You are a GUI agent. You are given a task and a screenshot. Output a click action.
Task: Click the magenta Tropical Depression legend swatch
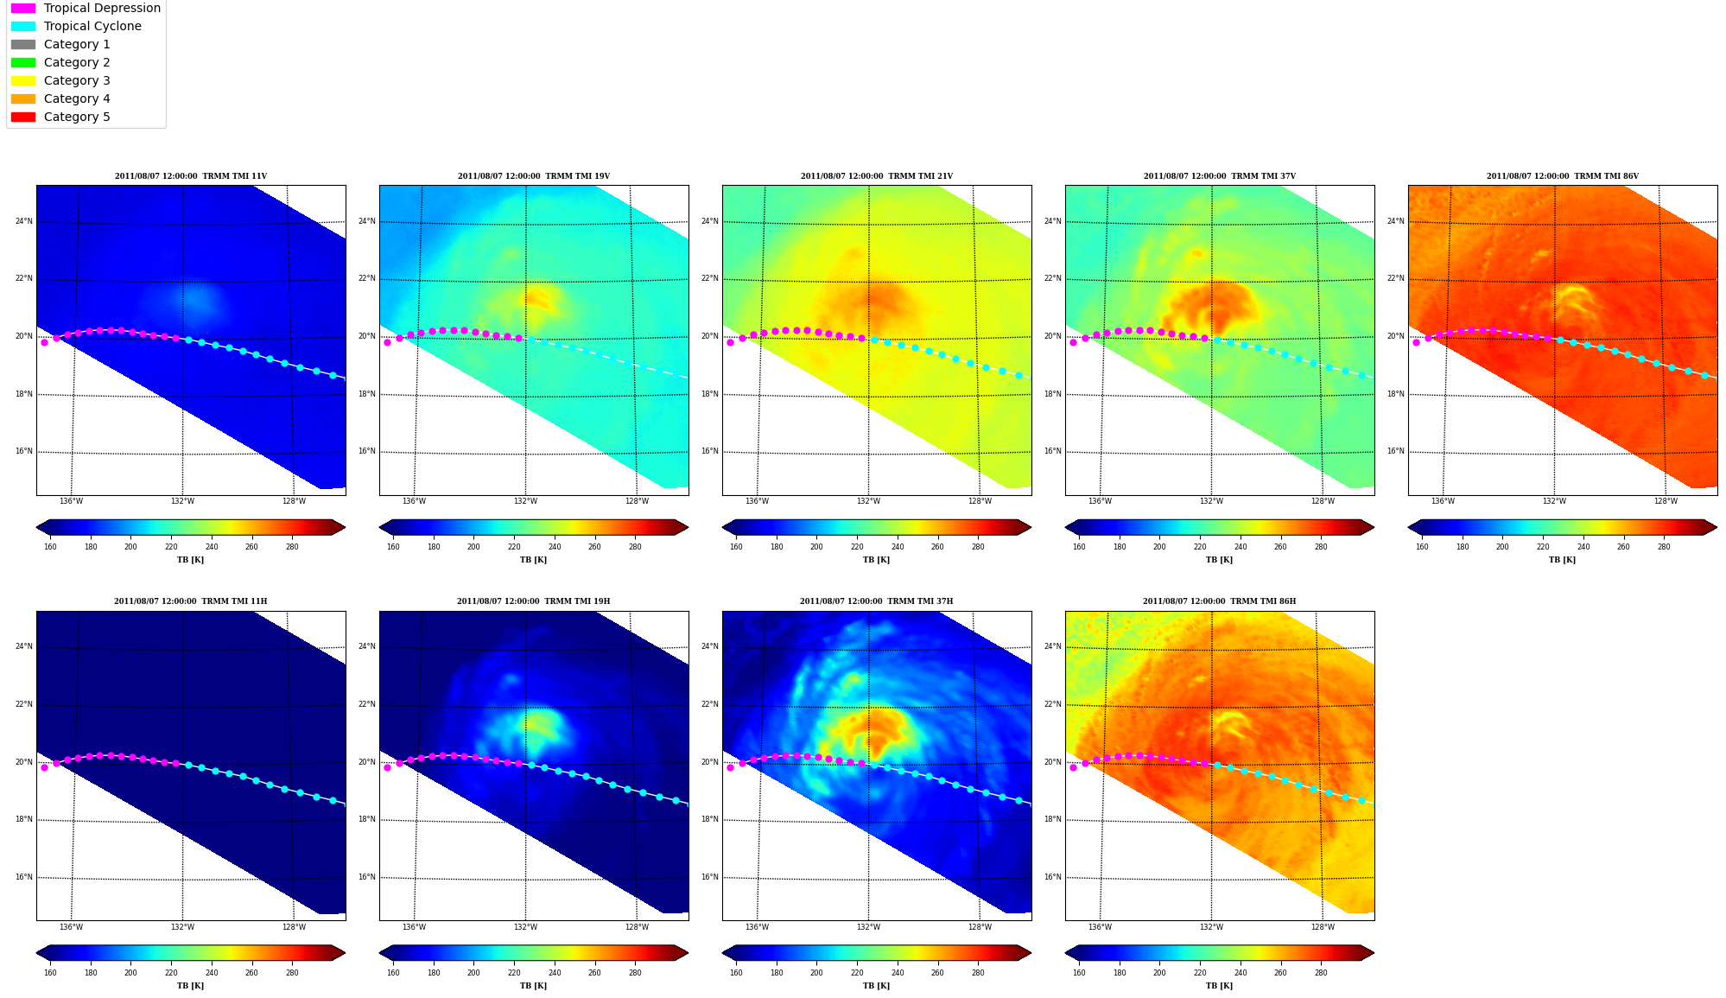tap(23, 8)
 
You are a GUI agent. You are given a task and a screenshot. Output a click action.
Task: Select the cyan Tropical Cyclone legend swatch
tap(23, 26)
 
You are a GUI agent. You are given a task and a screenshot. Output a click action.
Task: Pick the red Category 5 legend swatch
tap(23, 117)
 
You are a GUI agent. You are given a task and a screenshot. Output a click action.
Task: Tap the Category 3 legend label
tap(77, 80)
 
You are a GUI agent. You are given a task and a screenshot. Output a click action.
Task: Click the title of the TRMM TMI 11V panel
tap(191, 176)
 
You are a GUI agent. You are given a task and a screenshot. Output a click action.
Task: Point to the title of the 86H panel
tap(1219, 601)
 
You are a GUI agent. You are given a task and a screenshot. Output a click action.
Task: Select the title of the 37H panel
tap(876, 601)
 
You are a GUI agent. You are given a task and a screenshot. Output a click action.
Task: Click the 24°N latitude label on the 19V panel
tap(367, 221)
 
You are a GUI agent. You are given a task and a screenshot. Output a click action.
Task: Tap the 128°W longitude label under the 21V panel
tap(980, 501)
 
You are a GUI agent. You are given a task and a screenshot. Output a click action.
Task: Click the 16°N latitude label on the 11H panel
tap(24, 877)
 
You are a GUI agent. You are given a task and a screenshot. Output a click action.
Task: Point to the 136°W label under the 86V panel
tap(1443, 501)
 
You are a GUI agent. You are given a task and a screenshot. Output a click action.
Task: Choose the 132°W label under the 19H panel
tap(525, 927)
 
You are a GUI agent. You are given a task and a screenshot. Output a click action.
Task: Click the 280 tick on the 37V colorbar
tap(1321, 547)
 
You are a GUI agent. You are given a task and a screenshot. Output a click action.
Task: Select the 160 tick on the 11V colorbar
tap(50, 547)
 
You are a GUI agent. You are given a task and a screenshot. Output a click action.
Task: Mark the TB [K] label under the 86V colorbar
tap(1562, 560)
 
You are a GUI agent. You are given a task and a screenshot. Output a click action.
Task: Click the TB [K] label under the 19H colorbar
tap(533, 986)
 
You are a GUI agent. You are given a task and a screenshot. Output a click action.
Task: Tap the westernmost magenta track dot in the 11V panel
tap(45, 342)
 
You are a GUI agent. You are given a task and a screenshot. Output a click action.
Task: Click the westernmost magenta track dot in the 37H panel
tap(730, 767)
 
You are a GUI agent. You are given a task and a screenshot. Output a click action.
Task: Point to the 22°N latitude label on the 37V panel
tap(1053, 278)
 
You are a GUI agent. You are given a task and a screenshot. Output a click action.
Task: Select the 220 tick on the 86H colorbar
tap(1200, 973)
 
